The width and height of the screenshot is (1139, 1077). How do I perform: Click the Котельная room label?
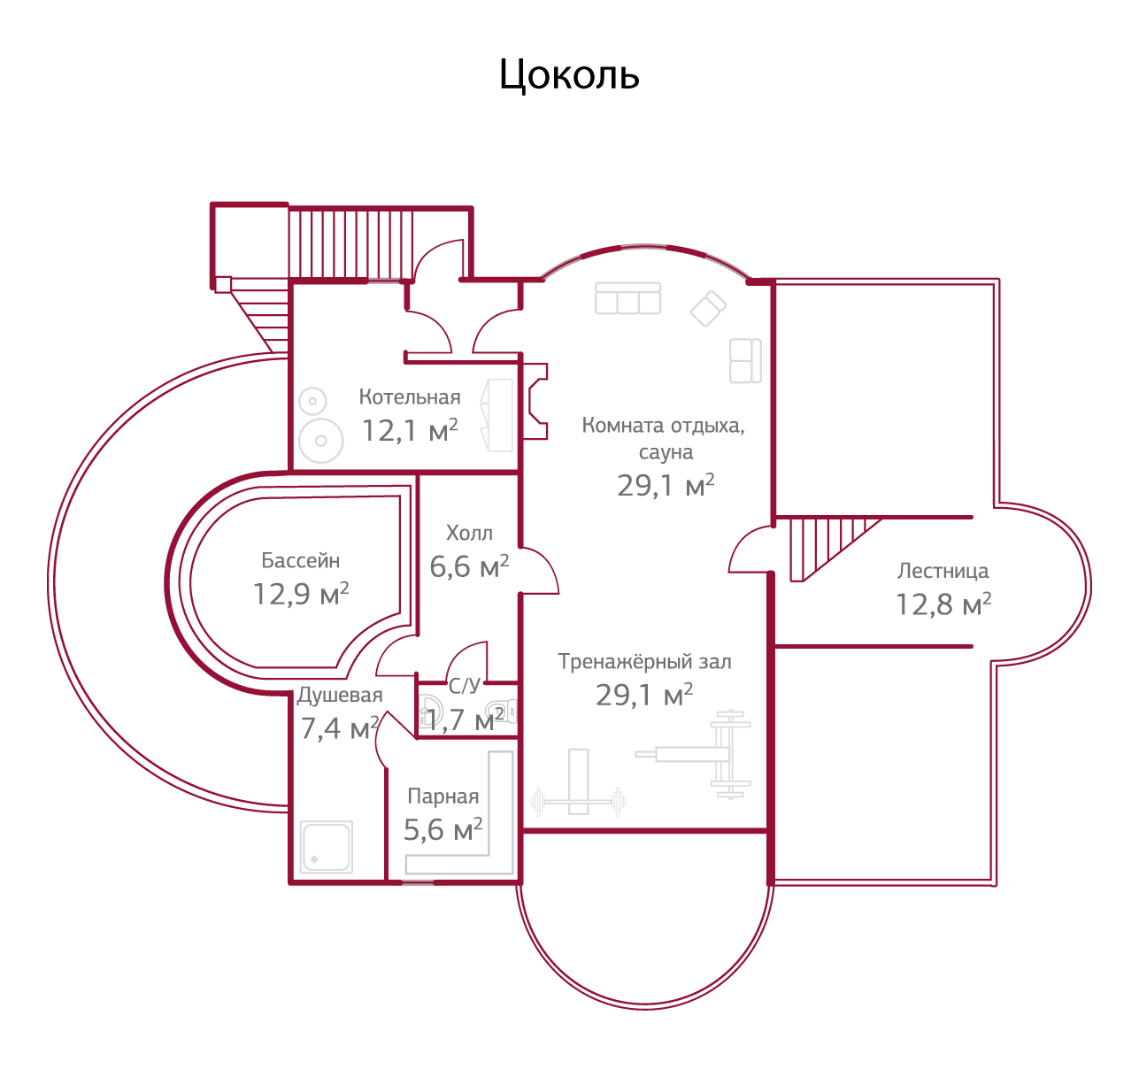tap(409, 397)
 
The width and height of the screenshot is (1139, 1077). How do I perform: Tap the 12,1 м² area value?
tap(410, 431)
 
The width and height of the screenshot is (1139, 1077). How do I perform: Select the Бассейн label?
tap(300, 560)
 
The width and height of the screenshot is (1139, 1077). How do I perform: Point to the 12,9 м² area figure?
tap(300, 594)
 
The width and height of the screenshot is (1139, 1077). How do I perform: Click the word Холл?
tap(468, 533)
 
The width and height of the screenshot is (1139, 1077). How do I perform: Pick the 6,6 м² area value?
tap(468, 566)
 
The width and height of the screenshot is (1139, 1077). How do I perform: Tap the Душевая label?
tap(340, 695)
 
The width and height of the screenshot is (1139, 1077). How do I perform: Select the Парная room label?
tap(443, 796)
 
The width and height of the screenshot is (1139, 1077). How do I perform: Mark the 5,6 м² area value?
tap(443, 830)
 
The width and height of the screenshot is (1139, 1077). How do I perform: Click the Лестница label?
tap(943, 571)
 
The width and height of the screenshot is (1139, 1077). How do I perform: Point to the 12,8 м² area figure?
tap(943, 604)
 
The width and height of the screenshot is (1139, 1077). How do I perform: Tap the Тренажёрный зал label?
tap(644, 662)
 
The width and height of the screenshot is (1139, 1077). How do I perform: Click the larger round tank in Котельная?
tap(320, 440)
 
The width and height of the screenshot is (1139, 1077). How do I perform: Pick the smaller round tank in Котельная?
tap(312, 402)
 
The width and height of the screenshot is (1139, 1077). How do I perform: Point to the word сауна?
tap(666, 452)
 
